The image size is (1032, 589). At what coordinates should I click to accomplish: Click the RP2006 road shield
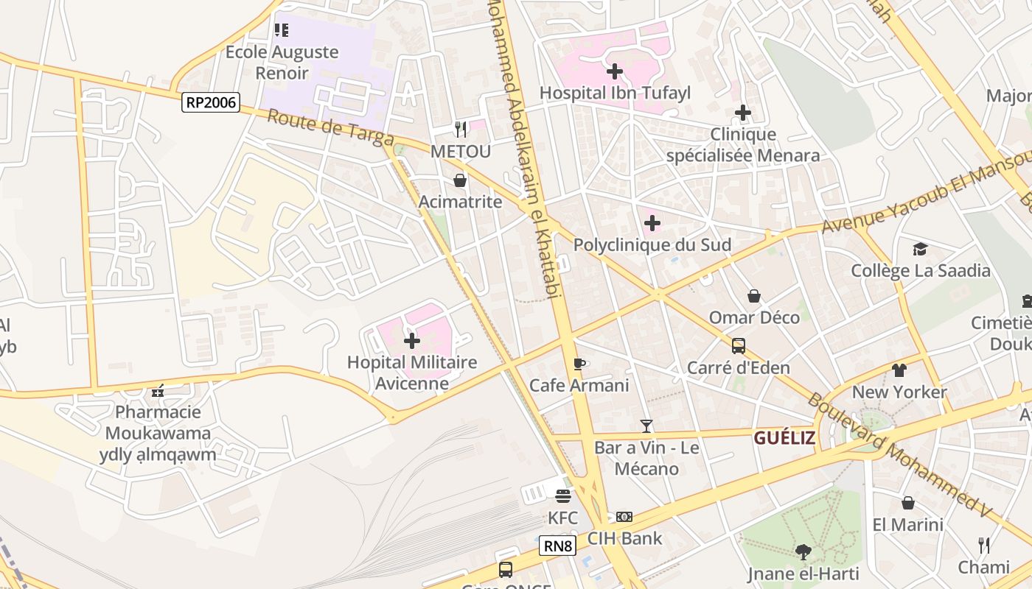[x=212, y=102]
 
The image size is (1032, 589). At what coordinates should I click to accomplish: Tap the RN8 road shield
[x=558, y=546]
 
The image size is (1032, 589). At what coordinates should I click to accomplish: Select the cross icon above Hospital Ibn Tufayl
[x=614, y=71]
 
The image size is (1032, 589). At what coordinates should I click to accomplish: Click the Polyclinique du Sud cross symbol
[x=652, y=222]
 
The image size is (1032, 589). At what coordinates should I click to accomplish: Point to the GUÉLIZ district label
[x=784, y=438]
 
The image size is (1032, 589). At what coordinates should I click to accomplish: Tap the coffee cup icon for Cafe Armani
[x=579, y=364]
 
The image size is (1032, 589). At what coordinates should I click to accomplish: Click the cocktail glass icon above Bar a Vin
[x=646, y=426]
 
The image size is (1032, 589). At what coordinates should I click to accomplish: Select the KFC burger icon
[x=563, y=496]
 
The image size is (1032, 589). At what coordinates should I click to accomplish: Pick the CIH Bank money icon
[x=624, y=517]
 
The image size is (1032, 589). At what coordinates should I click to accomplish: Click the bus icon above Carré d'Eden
[x=738, y=345]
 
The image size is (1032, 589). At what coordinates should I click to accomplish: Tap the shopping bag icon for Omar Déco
[x=754, y=296]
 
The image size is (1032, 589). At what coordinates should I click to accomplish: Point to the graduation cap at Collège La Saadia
[x=920, y=249]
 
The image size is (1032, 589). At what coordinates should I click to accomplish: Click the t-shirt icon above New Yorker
[x=899, y=370]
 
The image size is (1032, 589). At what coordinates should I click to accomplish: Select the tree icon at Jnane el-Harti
[x=803, y=551]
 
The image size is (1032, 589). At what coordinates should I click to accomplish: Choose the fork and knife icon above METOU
[x=461, y=130]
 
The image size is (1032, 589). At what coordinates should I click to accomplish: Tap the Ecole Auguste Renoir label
[x=282, y=63]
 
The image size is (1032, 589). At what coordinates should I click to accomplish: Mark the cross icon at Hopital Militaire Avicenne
[x=412, y=340]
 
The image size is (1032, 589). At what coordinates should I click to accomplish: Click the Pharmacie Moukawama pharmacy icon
[x=157, y=390]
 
